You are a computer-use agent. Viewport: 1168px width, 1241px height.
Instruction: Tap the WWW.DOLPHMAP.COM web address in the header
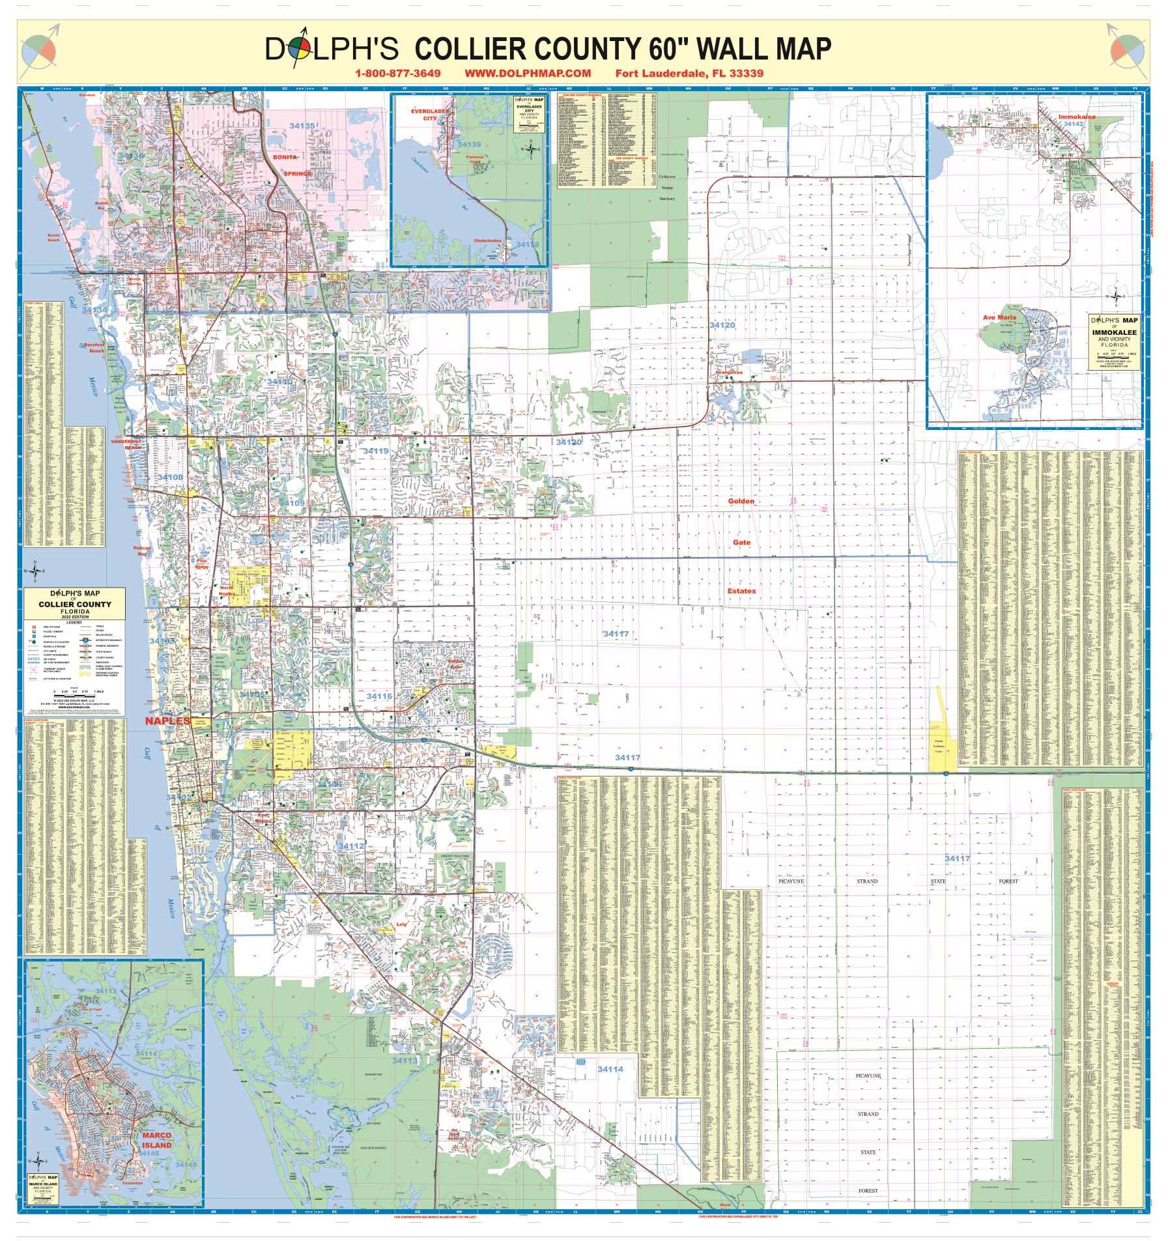[x=528, y=74]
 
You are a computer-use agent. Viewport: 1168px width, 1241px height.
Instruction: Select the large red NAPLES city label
[x=167, y=721]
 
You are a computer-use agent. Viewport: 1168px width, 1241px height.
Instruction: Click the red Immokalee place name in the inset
[x=1077, y=117]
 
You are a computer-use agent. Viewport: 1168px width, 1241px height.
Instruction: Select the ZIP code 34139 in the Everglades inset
[x=469, y=144]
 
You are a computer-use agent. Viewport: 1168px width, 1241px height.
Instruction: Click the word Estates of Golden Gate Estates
[x=741, y=591]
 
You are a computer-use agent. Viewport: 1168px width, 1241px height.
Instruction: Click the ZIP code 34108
[x=169, y=478]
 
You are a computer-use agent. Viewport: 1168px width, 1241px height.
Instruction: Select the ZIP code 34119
[x=376, y=451]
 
